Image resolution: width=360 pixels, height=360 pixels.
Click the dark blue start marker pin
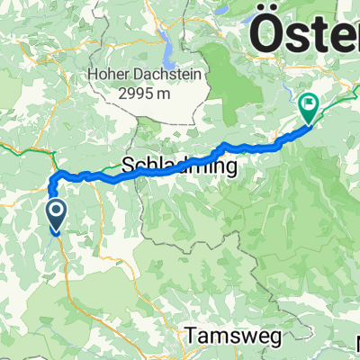tap(56, 216)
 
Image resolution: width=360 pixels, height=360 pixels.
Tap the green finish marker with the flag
tap(308, 109)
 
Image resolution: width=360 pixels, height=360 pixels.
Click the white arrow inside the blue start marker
tap(56, 211)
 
